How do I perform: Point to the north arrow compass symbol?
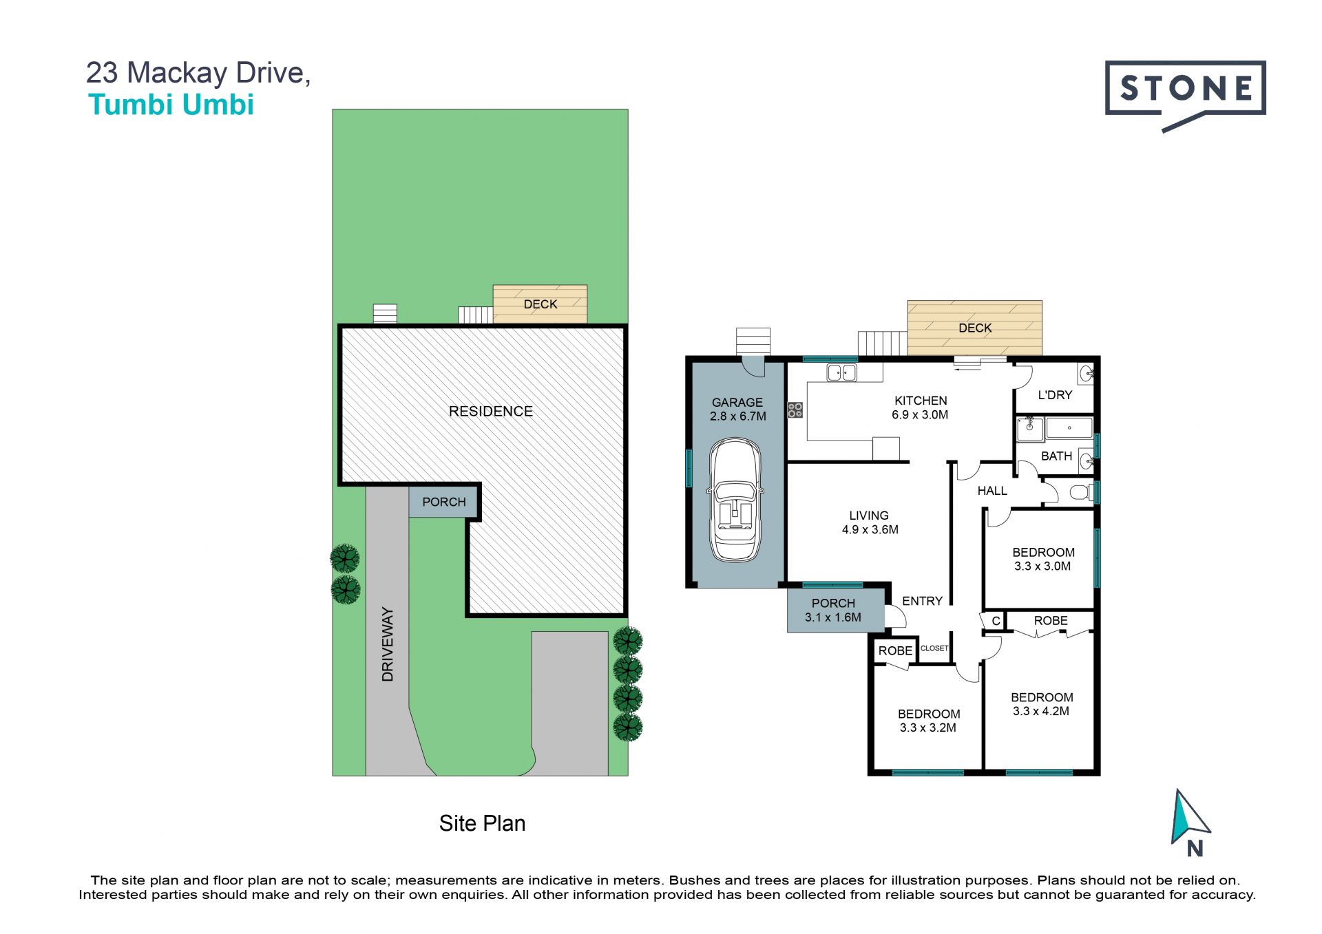[x=1190, y=822]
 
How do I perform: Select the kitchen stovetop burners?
[x=795, y=410]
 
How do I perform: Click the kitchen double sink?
[x=841, y=372]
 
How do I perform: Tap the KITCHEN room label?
[x=921, y=401]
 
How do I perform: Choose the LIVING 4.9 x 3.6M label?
[x=870, y=522]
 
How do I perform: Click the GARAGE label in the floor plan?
[x=737, y=403]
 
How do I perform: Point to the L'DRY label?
[x=1055, y=395]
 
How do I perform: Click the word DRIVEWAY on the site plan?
[x=388, y=644]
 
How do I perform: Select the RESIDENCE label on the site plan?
[x=491, y=412]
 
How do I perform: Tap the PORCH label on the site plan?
[x=444, y=502]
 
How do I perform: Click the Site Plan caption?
[x=482, y=823]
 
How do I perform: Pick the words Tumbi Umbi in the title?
[x=171, y=105]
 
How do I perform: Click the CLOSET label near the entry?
[x=934, y=648]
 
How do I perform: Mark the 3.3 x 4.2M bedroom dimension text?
[x=1041, y=711]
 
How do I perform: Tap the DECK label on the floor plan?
[x=975, y=328]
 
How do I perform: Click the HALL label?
[x=992, y=491]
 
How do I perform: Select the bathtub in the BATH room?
[x=1069, y=428]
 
